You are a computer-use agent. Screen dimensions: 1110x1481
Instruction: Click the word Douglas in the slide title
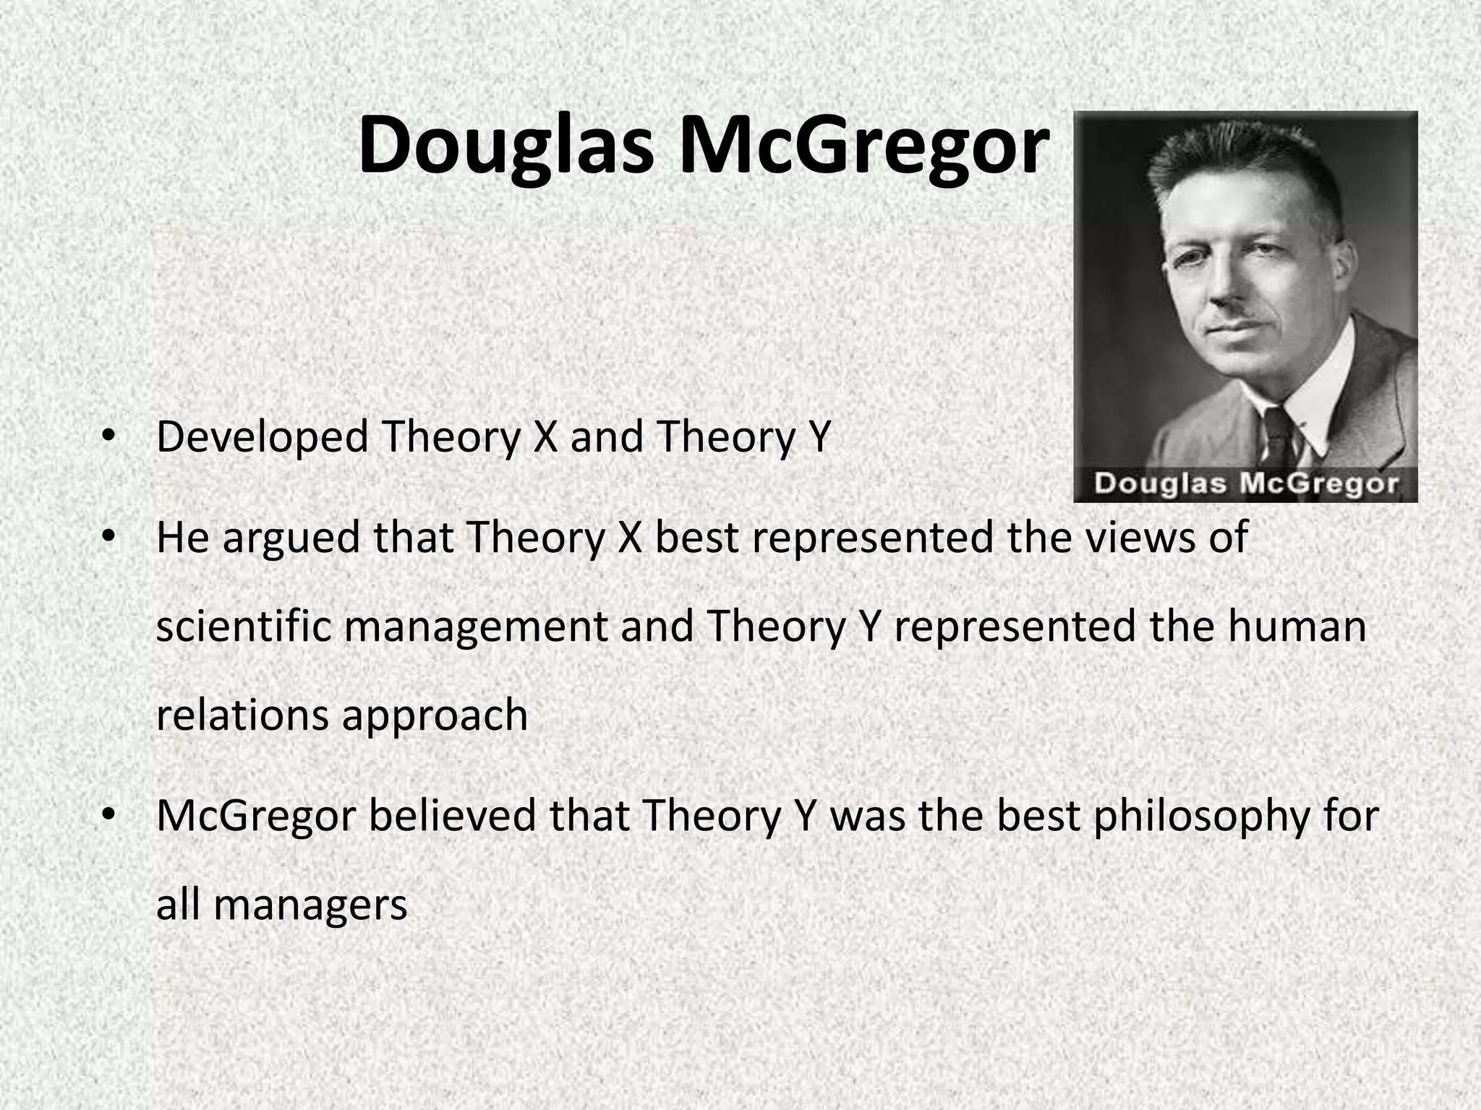[506, 147]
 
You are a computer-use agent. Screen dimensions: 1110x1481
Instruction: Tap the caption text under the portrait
[1245, 483]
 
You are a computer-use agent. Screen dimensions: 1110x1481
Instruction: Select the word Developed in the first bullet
[262, 438]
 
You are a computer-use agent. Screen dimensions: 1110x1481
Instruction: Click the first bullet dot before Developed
[108, 435]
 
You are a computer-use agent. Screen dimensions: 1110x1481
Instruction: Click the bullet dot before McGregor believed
[108, 814]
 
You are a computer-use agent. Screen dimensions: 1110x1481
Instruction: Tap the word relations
[242, 715]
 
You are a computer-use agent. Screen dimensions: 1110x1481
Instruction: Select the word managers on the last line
[311, 906]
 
